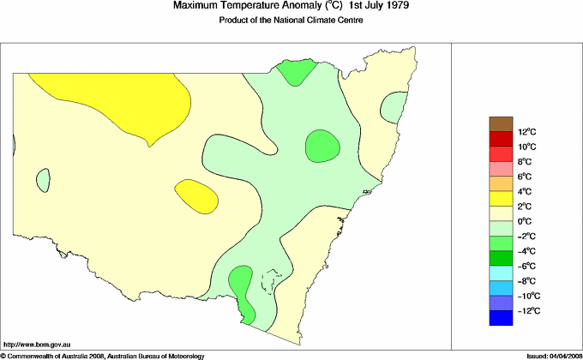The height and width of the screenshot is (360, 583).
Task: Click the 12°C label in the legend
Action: [526, 132]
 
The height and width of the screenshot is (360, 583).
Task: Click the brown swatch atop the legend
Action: [501, 124]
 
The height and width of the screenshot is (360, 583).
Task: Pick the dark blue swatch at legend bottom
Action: [501, 319]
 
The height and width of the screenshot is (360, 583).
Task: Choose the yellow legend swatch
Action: [501, 199]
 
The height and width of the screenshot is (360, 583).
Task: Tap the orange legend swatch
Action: [501, 183]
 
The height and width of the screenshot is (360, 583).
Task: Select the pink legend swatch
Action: [501, 169]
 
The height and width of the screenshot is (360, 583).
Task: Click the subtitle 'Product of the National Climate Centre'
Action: [291, 21]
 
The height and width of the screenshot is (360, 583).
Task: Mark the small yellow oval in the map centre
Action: [195, 195]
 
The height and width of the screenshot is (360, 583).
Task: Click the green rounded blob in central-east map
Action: [322, 145]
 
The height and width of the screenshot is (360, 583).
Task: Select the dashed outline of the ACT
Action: [273, 283]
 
